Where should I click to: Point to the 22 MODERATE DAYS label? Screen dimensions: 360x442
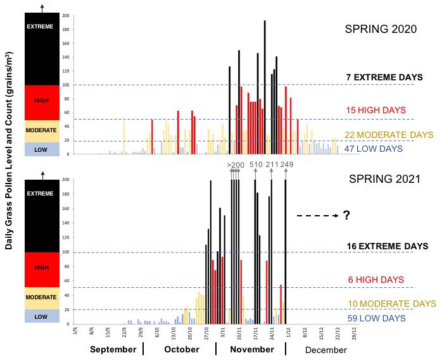(x=389, y=135)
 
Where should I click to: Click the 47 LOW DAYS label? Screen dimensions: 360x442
(x=374, y=148)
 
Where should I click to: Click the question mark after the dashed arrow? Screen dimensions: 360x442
(x=346, y=216)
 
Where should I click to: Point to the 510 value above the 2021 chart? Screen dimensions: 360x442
(x=256, y=165)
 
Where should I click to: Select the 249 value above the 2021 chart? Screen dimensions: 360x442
(x=287, y=165)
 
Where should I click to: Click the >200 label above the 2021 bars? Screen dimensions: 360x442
(x=235, y=165)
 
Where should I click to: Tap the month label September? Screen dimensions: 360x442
(x=113, y=349)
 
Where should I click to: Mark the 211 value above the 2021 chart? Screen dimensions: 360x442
(x=272, y=165)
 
